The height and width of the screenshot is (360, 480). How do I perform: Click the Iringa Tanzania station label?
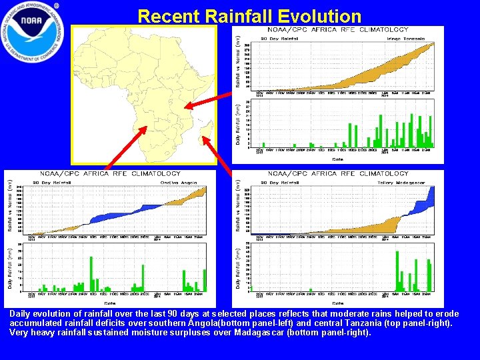(407, 39)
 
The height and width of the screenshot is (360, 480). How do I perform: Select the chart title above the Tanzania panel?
(338, 29)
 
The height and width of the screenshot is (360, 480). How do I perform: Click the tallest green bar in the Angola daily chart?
(91, 274)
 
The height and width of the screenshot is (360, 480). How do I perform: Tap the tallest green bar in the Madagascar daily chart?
(397, 271)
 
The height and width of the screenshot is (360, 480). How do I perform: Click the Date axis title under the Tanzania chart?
(338, 159)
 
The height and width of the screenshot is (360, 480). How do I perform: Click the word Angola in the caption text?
(206, 323)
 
